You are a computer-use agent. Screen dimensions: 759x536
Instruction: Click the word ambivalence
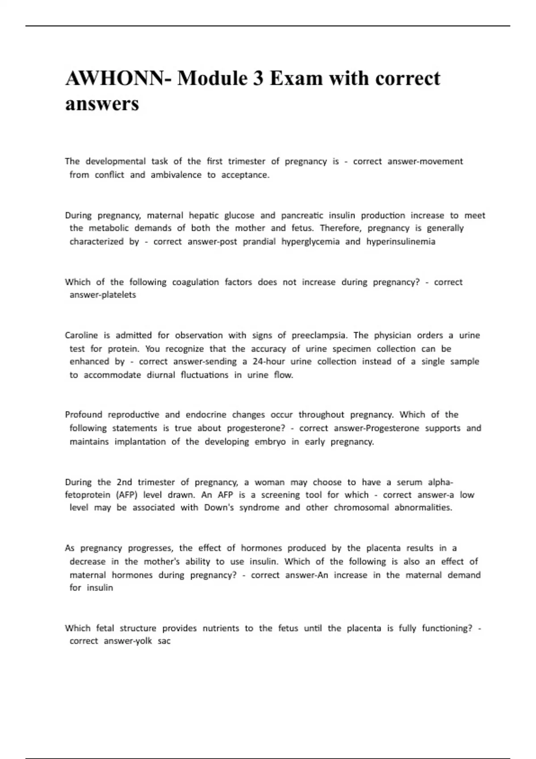[176, 175]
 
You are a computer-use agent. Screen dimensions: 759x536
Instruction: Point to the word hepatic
[204, 216]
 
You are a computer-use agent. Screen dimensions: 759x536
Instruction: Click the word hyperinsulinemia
[401, 242]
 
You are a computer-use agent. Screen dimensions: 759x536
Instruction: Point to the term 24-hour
[268, 362]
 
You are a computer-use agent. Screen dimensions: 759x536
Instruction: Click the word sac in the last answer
[164, 641]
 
